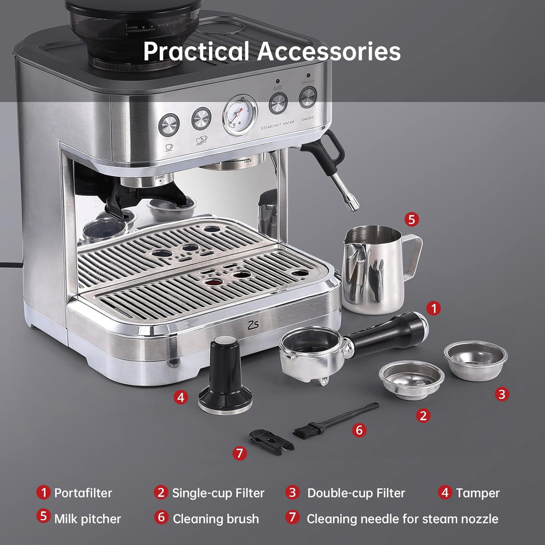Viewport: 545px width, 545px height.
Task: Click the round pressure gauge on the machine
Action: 239,115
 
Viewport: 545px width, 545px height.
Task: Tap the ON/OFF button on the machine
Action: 307,96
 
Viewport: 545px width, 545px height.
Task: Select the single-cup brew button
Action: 169,124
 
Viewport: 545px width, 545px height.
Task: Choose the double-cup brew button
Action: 201,119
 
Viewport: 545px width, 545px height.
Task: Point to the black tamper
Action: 225,377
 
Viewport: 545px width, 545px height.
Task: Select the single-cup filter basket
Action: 411,380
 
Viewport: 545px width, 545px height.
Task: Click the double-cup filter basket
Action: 476,359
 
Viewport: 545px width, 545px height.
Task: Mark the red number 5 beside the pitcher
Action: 411,220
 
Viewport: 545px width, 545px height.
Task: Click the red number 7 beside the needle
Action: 240,453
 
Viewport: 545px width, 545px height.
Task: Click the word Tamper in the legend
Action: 477,493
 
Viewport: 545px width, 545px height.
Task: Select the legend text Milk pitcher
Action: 88,519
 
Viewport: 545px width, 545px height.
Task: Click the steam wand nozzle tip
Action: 352,206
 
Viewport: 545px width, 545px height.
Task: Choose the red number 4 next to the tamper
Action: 181,397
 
